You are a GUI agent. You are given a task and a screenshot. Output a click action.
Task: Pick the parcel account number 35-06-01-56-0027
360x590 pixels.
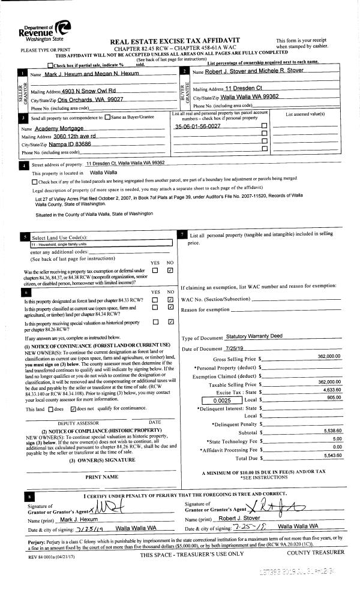[x=197, y=127]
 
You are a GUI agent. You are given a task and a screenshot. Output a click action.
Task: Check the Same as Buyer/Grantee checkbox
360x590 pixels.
[x=107, y=118]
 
